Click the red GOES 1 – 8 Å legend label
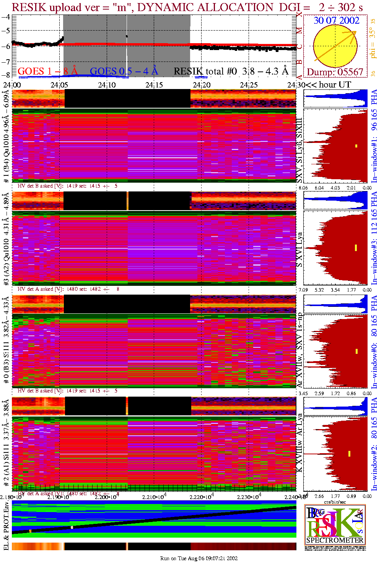(x=47, y=71)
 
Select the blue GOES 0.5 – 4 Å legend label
(x=124, y=71)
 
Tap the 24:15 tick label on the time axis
(x=154, y=85)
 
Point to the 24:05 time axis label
(x=59, y=85)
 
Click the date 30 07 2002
(x=337, y=21)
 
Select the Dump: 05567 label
(x=335, y=72)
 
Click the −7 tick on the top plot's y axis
(x=5, y=62)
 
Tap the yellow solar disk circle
(x=335, y=46)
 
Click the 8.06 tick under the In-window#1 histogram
(x=303, y=188)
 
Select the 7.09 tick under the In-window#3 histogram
(x=303, y=290)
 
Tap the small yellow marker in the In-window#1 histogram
(x=356, y=146)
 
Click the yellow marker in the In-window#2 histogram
(x=349, y=454)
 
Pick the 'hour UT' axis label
(x=335, y=85)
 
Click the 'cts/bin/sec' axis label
(x=335, y=502)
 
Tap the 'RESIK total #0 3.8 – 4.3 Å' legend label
(x=231, y=71)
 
